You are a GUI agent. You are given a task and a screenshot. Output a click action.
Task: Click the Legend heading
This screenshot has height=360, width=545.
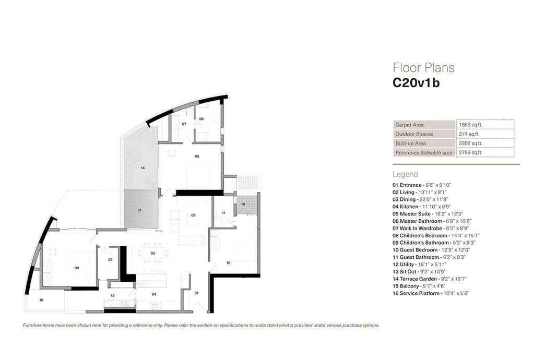(x=405, y=174)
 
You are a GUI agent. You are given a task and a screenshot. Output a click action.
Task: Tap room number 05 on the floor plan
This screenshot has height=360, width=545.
(x=197, y=156)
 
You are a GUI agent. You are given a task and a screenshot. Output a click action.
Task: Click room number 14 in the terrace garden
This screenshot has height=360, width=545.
(x=142, y=169)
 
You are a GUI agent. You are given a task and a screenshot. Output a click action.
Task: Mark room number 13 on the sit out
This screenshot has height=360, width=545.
(x=139, y=210)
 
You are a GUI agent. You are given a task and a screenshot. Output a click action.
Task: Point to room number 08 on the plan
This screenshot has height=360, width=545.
(x=77, y=268)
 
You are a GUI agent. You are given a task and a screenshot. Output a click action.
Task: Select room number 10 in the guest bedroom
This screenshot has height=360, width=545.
(x=228, y=263)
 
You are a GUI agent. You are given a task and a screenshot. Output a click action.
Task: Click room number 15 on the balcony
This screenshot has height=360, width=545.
(x=243, y=204)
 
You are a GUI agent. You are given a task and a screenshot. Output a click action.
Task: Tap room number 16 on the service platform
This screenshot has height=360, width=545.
(x=41, y=300)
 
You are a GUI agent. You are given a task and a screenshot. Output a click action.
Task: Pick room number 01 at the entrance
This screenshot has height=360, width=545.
(x=197, y=293)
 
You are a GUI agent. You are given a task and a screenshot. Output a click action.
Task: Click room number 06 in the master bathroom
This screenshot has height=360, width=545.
(x=201, y=119)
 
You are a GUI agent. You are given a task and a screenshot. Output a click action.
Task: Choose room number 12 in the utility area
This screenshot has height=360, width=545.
(x=112, y=296)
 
